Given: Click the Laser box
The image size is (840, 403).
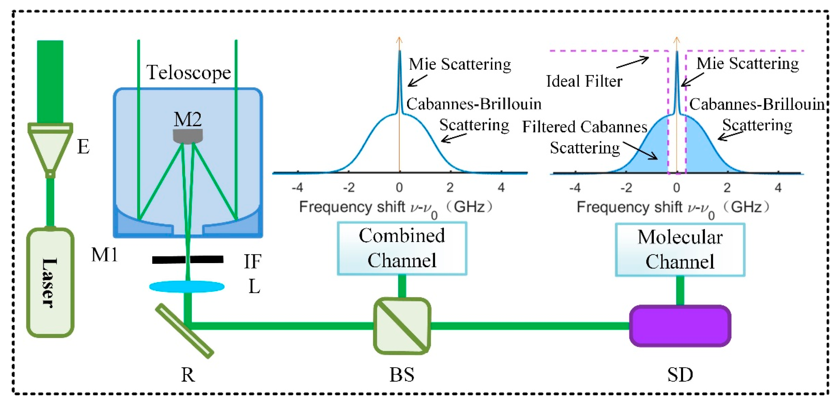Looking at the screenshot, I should point(50,282).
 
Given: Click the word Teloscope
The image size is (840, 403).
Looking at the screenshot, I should point(188,72).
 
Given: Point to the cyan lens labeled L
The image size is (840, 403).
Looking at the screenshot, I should point(187,287).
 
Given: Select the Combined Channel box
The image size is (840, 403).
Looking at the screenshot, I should point(402,248).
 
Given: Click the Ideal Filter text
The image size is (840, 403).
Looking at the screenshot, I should point(584,81).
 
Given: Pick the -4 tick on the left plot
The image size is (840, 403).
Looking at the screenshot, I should point(297,187).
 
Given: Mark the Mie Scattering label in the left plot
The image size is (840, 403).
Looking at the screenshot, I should point(460,64).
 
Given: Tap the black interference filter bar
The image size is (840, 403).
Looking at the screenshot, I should point(188,260).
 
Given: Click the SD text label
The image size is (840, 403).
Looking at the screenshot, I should point(680,375).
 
